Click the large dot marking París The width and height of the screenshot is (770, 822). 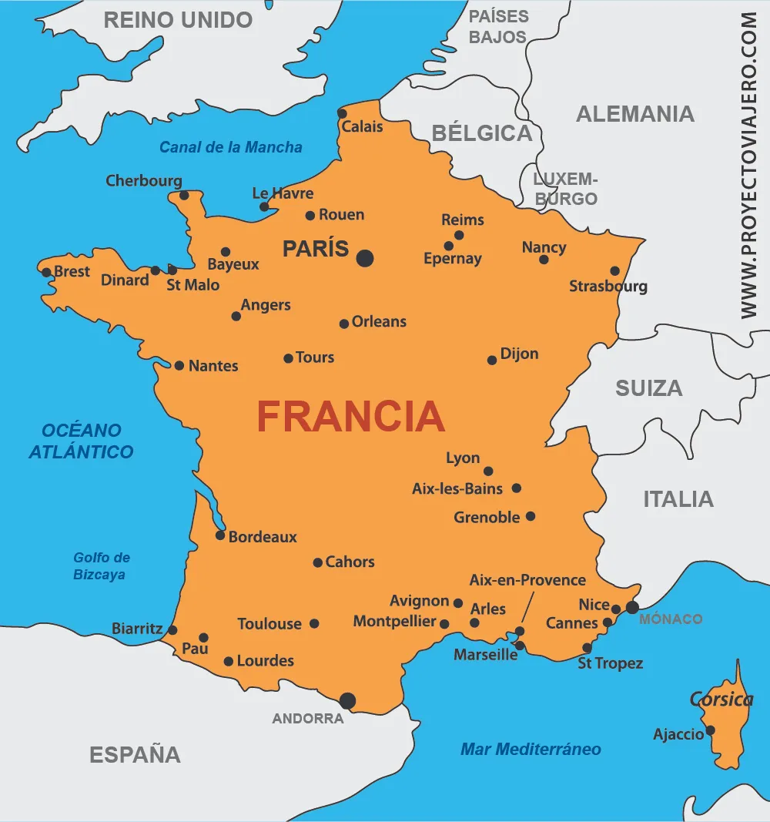click(365, 258)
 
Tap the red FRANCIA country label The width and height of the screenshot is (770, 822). click(350, 417)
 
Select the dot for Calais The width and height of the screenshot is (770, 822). click(343, 114)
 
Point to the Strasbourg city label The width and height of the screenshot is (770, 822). click(608, 287)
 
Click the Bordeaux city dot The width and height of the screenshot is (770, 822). click(220, 535)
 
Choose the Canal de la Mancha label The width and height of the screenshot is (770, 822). click(231, 147)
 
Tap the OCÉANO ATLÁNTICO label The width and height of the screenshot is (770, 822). click(81, 441)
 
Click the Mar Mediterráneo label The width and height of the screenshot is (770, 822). click(531, 749)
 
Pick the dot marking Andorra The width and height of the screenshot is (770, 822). click(348, 700)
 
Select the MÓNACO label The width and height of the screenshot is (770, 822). click(671, 619)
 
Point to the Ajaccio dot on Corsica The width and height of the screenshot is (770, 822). click(710, 730)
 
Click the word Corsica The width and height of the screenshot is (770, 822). click(721, 700)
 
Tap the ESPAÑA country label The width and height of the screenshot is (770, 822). click(136, 754)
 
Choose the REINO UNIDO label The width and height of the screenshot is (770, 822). click(178, 20)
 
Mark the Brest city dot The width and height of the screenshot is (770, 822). click(46, 272)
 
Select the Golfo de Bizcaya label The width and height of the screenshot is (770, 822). click(102, 566)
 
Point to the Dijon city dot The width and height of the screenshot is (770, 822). click(492, 360)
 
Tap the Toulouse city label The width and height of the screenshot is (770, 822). click(269, 624)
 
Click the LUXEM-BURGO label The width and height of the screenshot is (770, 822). click(565, 189)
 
